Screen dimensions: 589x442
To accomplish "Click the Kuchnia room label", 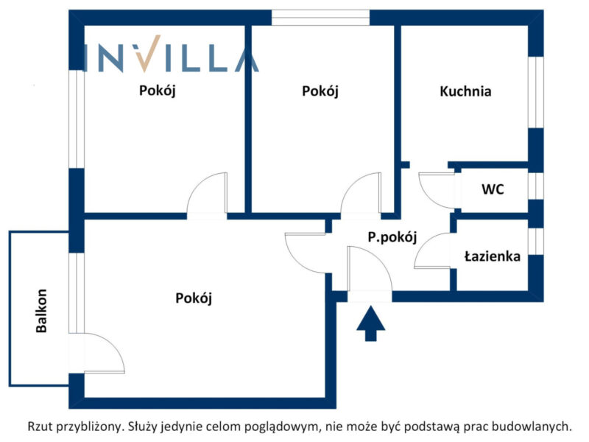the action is coord(465,91).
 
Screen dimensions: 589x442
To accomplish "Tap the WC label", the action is coord(493,189).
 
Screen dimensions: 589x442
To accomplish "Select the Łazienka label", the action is coord(493,256).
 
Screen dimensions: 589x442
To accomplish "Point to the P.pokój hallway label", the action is coord(392,237).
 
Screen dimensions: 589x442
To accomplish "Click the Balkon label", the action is coord(41,310).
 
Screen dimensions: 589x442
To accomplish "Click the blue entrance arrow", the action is coord(371,323).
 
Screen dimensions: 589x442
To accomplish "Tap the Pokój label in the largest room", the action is coord(194,298).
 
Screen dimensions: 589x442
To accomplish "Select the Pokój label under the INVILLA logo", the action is coord(157,91).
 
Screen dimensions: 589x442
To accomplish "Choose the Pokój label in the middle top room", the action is coord(320,91).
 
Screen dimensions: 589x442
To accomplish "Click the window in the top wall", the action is coord(320,18).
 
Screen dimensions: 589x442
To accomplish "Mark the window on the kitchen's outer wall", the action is coord(536,93).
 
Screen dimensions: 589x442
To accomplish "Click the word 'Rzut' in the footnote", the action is coord(40,427).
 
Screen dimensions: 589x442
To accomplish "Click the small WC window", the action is coord(536,186).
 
